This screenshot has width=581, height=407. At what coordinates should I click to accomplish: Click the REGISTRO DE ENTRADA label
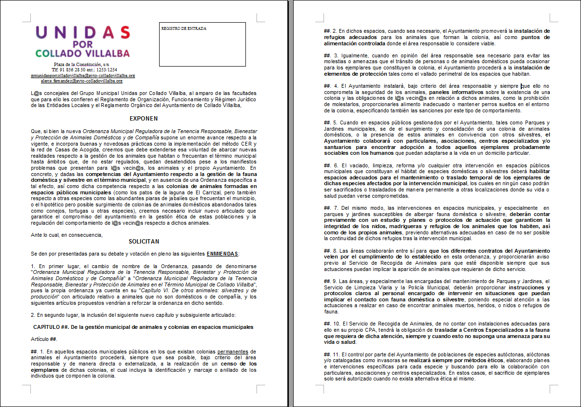184,28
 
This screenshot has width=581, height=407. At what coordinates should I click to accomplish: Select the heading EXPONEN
144,119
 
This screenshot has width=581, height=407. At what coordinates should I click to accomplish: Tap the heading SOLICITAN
144,242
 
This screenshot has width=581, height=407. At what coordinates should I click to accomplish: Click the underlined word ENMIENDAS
222,254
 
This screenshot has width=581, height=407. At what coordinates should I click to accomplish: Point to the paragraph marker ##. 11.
332,354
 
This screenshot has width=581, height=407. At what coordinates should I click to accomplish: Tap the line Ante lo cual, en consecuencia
67,235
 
